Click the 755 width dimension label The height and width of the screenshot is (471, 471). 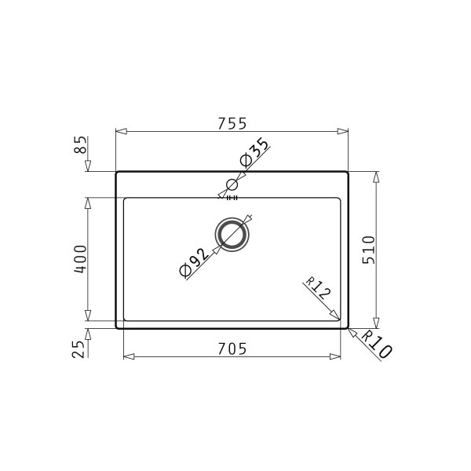(232, 123)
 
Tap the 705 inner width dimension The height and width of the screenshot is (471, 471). (232, 349)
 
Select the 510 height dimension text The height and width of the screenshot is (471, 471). (369, 250)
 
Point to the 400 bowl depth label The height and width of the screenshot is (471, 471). (81, 259)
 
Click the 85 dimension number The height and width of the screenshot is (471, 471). (81, 144)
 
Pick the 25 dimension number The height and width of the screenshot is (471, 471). (78, 349)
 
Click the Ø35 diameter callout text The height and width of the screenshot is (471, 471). (254, 152)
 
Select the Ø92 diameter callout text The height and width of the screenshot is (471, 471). (194, 262)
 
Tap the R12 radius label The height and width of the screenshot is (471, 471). (319, 288)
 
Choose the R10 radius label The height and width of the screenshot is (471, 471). (377, 345)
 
